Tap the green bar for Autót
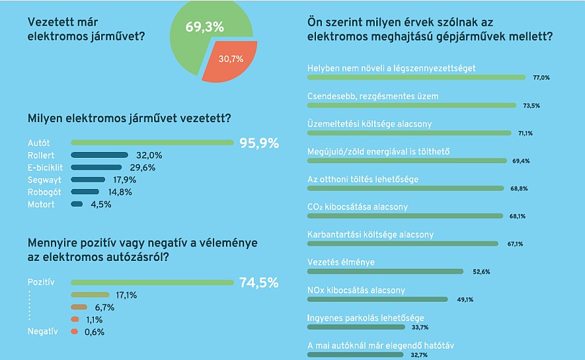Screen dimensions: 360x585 point(152,143)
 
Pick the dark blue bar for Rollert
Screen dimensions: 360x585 point(99,155)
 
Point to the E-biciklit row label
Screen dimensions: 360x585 point(47,168)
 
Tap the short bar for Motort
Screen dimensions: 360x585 point(76,205)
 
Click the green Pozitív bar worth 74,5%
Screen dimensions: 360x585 point(152,283)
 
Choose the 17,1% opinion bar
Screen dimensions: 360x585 point(90,295)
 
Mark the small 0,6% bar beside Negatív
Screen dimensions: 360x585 point(75,332)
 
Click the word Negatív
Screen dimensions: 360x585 point(44,332)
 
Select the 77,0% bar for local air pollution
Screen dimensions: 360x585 point(417,77)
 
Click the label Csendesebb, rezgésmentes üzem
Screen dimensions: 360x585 point(373,96)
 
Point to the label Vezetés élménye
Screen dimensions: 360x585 point(341,262)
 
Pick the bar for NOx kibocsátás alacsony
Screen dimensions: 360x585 point(380,299)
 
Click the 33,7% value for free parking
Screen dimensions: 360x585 point(420,327)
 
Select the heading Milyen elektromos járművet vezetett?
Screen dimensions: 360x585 point(129,119)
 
